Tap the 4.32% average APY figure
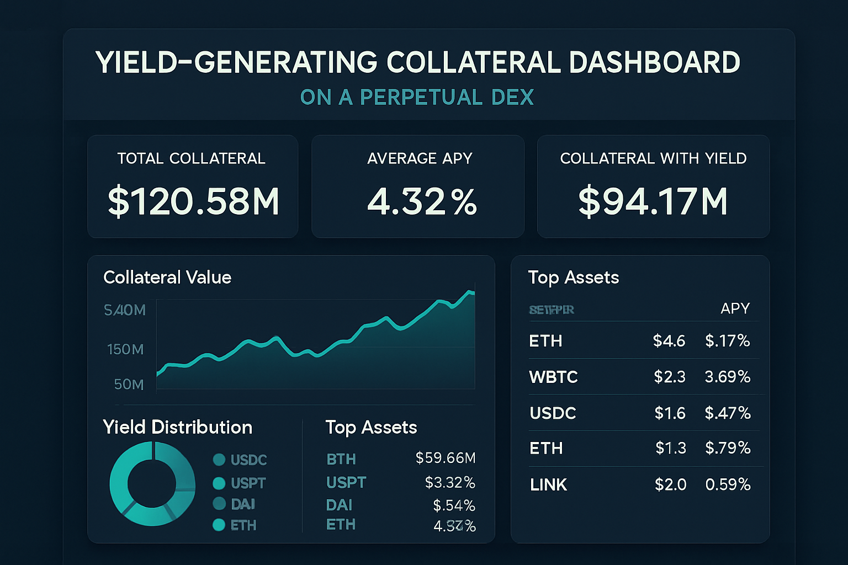422,201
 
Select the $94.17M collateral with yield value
653,201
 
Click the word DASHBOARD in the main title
654,62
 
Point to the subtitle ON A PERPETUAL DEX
417,97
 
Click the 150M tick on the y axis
125,349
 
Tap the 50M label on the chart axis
129,384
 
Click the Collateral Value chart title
167,277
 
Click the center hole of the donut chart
152,484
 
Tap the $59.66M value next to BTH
445,458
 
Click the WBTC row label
553,377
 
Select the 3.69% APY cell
727,377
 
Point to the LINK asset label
548,484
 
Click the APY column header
735,308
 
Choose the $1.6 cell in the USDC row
670,413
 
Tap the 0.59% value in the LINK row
728,484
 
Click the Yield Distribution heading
177,427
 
